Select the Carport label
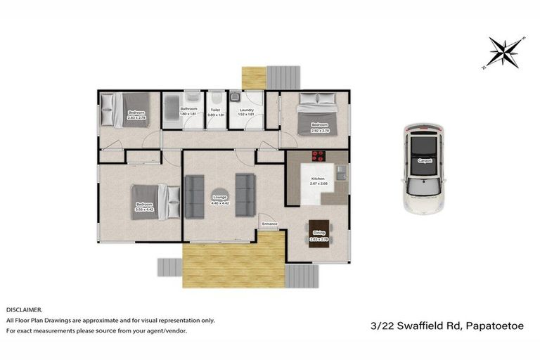click(x=424, y=161)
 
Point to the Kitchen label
click(x=318, y=179)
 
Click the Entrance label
click(x=270, y=224)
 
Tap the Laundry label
click(x=246, y=109)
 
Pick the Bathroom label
click(x=188, y=109)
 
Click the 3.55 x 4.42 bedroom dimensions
click(x=145, y=209)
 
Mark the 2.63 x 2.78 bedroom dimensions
click(x=136, y=117)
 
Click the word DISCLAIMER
click(x=25, y=309)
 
